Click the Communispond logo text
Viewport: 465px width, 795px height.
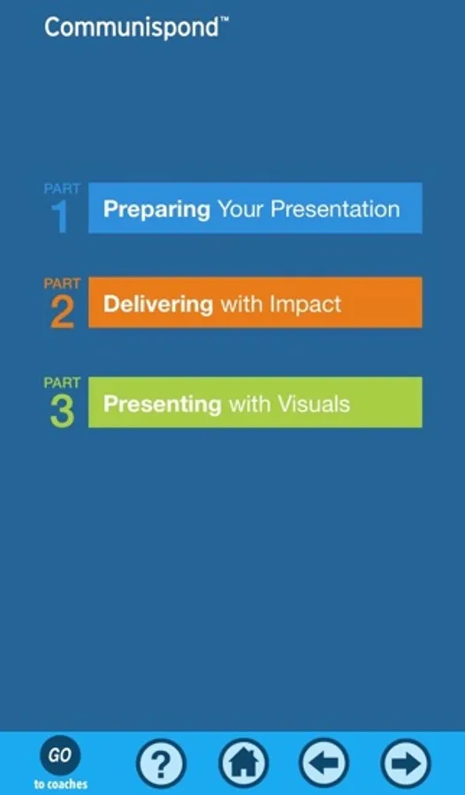[x=133, y=28]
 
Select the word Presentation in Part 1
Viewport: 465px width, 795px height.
[x=335, y=208]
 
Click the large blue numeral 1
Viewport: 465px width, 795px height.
[x=60, y=217]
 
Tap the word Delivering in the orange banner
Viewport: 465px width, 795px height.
[x=158, y=304]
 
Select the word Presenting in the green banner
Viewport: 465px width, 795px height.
[x=162, y=405]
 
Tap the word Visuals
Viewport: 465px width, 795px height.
[x=313, y=404]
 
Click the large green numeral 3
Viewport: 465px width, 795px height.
[x=62, y=412]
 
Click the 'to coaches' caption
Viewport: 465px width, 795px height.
[x=61, y=784]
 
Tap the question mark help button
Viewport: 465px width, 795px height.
[x=161, y=763]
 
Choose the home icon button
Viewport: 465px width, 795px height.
[x=244, y=763]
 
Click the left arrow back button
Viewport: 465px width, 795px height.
[x=324, y=763]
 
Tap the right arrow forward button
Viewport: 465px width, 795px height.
[x=406, y=763]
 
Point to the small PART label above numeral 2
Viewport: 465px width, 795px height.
[x=62, y=284]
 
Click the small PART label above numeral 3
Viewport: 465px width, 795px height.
[x=62, y=382]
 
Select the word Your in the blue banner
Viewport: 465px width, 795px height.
[x=240, y=208]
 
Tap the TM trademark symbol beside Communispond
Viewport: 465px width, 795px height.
[x=224, y=19]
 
